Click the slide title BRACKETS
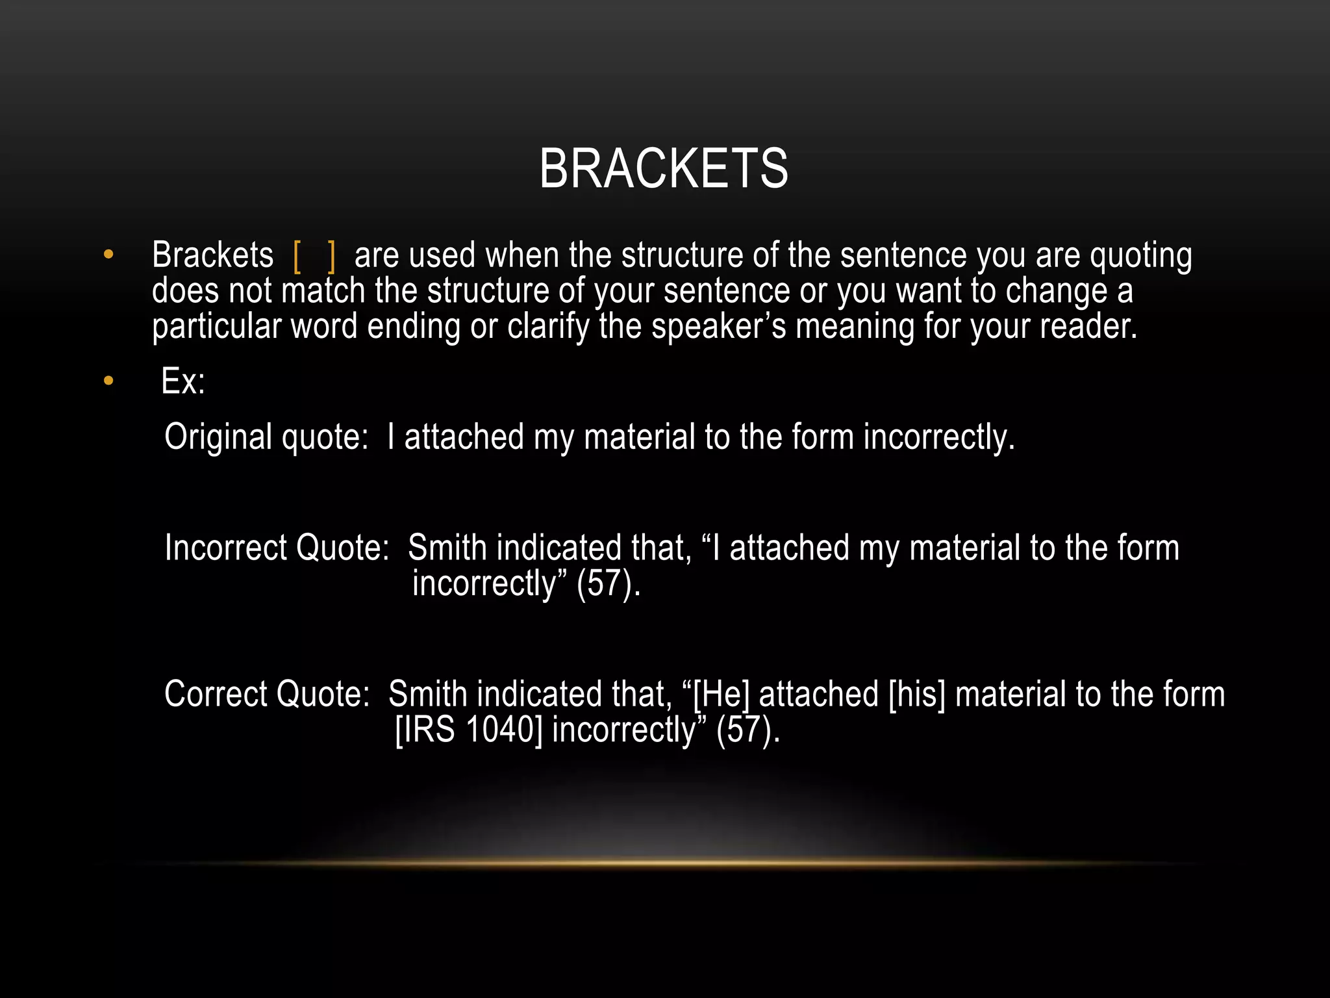664,169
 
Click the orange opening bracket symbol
297,256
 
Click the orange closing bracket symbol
332,256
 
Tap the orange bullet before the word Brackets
108,254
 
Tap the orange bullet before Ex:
108,381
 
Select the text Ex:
183,381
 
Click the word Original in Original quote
218,437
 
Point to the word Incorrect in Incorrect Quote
225,548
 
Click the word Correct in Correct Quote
215,694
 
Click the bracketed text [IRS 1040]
468,730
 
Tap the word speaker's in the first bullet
718,326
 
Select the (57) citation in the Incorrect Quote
609,583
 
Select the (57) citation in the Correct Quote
747,730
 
